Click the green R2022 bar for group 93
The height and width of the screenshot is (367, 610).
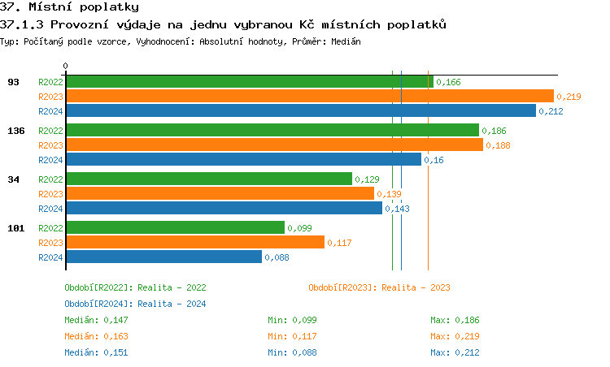click(249, 81)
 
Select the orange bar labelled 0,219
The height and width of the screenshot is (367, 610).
click(309, 96)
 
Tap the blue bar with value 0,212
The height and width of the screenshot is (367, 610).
click(300, 110)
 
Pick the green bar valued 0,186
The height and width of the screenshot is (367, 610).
click(272, 130)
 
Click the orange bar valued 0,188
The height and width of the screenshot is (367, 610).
click(274, 145)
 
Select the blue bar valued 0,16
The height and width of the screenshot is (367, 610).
click(243, 159)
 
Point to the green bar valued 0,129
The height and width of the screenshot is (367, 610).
click(208, 179)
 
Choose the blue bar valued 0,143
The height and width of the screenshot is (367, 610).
click(224, 208)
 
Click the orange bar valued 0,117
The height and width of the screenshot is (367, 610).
click(194, 242)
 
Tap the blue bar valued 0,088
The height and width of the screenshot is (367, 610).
click(163, 257)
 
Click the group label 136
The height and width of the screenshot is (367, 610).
click(15, 131)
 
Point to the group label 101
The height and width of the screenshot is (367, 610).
click(15, 228)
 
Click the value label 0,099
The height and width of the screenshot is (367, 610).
click(300, 228)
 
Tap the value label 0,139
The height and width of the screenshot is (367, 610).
click(390, 194)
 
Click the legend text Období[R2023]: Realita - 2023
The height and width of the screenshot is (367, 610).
click(379, 287)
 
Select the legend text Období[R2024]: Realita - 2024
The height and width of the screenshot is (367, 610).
click(135, 304)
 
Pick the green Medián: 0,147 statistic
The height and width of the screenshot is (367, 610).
click(96, 320)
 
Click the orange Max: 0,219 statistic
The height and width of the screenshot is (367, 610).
click(455, 336)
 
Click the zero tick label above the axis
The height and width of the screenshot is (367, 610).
click(66, 66)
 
